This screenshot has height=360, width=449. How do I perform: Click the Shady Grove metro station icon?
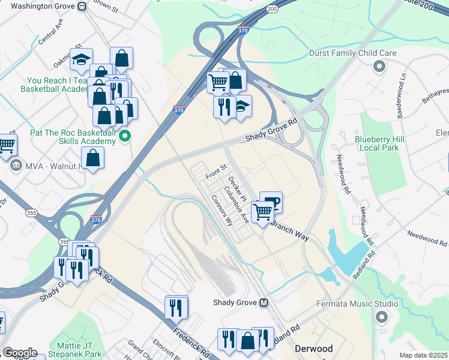tap(264, 303)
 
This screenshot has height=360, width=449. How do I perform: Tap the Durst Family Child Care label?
tap(352, 53)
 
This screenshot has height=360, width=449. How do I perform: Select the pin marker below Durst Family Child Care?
tap(379, 66)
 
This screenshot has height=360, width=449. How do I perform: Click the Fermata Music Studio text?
tap(357, 304)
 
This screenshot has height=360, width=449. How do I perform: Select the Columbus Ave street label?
tap(236, 205)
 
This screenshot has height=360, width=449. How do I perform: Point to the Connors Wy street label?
tap(220, 210)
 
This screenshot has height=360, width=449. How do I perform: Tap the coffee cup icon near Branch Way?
tap(271, 202)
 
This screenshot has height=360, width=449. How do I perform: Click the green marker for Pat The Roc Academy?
tap(125, 136)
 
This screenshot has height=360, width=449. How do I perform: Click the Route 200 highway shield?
tap(272, 9)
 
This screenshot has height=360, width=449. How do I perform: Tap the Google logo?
tap(20, 353)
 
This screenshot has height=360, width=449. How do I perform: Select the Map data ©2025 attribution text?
tap(423, 355)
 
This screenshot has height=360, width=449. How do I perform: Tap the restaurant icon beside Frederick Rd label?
tap(176, 307)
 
